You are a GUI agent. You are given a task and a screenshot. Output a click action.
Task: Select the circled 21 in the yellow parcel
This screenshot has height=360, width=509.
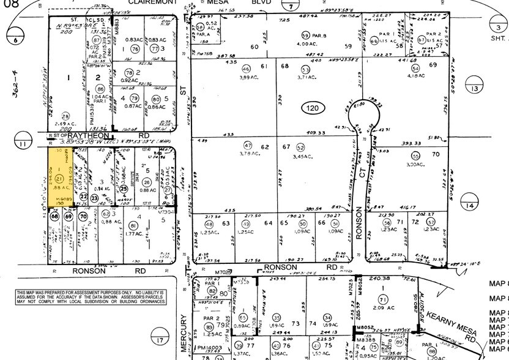(x=59, y=178)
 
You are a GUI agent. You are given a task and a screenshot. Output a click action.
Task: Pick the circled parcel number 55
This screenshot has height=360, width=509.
(x=416, y=156)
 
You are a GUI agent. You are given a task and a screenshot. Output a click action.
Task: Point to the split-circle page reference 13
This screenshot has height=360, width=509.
(x=475, y=89)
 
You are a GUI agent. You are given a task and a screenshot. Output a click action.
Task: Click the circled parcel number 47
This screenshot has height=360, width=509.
(x=248, y=145)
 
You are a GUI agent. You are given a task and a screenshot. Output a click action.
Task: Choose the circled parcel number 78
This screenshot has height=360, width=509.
(x=136, y=72)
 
